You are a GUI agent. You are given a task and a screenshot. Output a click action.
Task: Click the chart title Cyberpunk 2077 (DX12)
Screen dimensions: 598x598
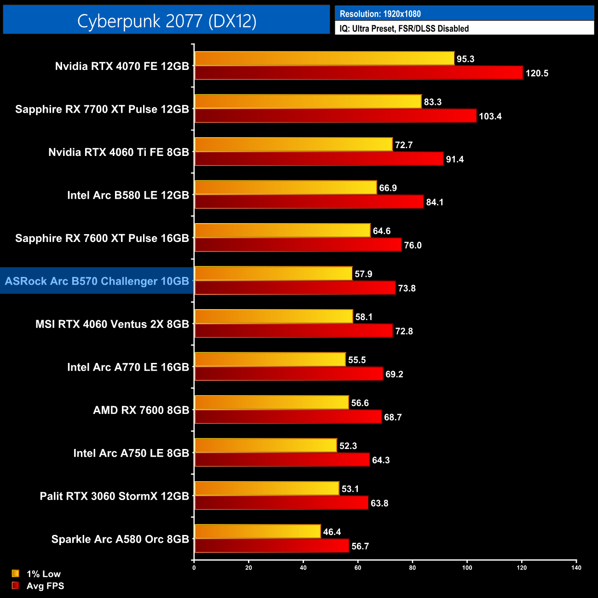(167, 21)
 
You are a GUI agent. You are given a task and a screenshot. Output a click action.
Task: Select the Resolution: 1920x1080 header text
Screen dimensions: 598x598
(380, 14)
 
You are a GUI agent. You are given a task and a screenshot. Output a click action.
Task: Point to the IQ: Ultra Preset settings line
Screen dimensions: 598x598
(404, 29)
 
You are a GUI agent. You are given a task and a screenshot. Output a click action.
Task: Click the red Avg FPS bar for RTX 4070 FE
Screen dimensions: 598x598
(358, 73)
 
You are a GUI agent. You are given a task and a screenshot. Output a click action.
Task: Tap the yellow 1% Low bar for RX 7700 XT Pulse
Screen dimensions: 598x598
(308, 102)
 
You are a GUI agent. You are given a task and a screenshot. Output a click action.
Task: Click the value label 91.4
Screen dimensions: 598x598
(454, 160)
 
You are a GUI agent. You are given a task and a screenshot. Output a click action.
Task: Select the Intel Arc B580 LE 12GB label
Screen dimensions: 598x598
(128, 195)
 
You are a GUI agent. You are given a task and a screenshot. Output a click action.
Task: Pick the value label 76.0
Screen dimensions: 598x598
(413, 246)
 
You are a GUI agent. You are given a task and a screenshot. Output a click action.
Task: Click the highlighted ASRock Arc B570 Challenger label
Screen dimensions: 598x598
(97, 281)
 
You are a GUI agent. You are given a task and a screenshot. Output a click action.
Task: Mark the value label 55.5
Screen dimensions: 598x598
(357, 360)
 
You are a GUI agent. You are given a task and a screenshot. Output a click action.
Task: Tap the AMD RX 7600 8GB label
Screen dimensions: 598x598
(141, 410)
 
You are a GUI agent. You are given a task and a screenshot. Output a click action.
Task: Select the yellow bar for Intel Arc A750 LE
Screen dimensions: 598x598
(265, 445)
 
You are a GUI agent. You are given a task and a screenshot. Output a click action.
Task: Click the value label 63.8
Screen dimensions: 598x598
(379, 503)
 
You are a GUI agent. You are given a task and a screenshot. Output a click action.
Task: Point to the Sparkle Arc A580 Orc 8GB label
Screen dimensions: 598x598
(120, 539)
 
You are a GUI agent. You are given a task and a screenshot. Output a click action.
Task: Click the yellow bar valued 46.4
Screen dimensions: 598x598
(257, 531)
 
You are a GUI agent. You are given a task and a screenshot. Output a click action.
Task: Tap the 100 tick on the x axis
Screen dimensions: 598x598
(467, 568)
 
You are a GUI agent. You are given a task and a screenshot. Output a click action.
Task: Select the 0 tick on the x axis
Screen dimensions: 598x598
(194, 568)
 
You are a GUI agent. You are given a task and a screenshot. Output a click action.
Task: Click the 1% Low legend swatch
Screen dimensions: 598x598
(16, 574)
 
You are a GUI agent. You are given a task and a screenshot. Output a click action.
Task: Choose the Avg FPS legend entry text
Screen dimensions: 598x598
(45, 586)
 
